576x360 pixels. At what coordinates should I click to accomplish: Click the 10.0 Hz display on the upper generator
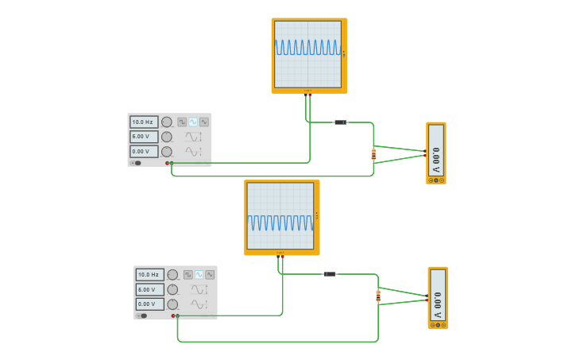click(144, 122)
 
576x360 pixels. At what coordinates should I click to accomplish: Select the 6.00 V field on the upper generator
click(144, 137)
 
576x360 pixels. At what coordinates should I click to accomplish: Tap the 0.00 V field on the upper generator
click(144, 151)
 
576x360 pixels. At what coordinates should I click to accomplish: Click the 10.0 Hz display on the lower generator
click(149, 275)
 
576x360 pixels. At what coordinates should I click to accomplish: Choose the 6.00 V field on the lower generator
click(149, 289)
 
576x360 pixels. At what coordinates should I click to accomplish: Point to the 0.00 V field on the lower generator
click(149, 304)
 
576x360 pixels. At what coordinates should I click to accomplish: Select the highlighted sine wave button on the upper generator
click(193, 122)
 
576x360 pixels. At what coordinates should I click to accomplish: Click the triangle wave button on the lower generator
click(210, 274)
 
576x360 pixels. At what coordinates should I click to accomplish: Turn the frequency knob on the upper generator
click(167, 122)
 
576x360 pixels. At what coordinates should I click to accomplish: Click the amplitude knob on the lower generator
click(172, 289)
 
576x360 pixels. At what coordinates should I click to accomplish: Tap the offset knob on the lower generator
click(172, 304)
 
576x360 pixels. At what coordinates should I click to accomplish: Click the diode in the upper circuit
click(340, 122)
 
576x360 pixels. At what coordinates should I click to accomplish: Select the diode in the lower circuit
click(330, 274)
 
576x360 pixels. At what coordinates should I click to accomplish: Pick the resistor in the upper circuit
click(373, 154)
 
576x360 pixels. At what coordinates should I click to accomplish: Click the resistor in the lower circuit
click(378, 296)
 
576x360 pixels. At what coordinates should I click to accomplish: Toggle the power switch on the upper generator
click(137, 163)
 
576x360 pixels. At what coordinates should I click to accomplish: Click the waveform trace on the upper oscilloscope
click(307, 48)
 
